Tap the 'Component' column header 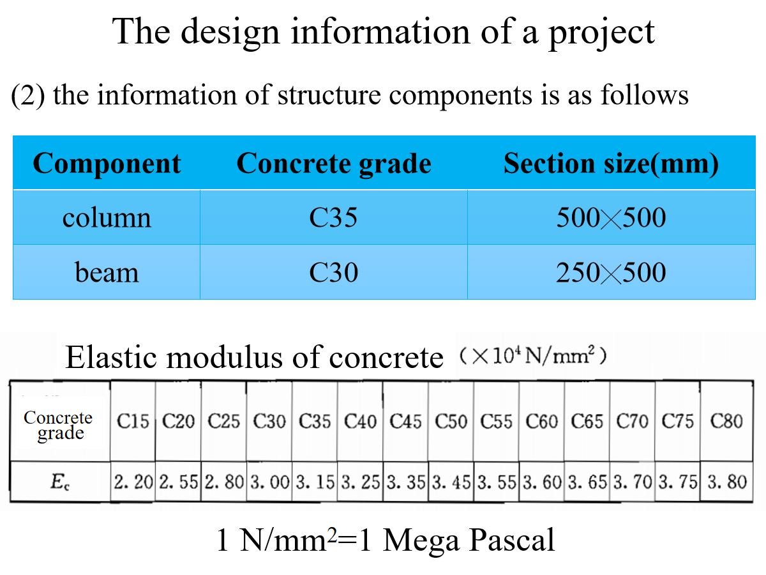tap(107, 164)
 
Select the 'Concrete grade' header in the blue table tap(334, 164)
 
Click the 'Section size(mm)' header tap(611, 164)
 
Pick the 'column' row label tap(107, 218)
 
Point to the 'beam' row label tap(107, 273)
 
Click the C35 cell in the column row tap(333, 218)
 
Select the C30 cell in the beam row tap(333, 273)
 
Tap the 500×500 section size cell tap(611, 218)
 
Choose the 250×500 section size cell tap(611, 273)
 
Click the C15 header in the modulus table tap(133, 422)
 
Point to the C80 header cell tap(726, 422)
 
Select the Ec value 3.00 tap(269, 482)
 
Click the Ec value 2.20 tap(133, 482)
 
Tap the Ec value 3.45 tap(451, 482)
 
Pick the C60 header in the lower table tap(542, 422)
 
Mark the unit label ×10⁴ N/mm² tap(532, 356)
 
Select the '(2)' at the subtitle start tap(28, 96)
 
